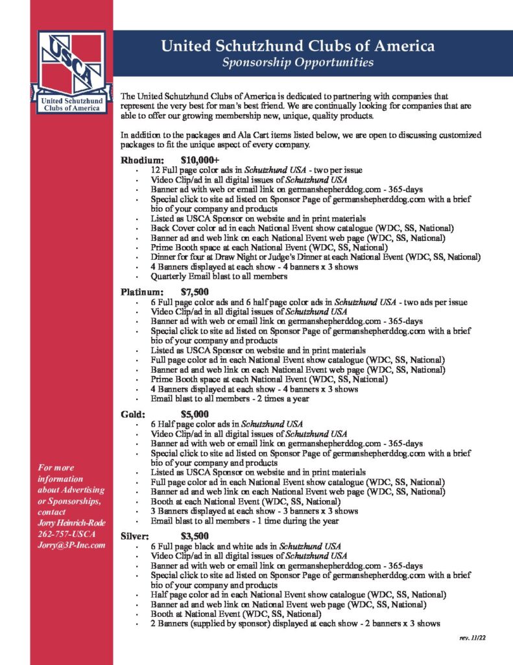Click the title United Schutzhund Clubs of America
(298, 46)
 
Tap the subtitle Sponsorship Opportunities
(298, 63)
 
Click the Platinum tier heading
(141, 292)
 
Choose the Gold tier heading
(133, 414)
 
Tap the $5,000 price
(195, 414)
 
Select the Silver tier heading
(135, 536)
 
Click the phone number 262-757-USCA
(67, 533)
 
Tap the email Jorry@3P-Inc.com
(71, 545)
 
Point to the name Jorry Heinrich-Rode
(71, 522)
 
